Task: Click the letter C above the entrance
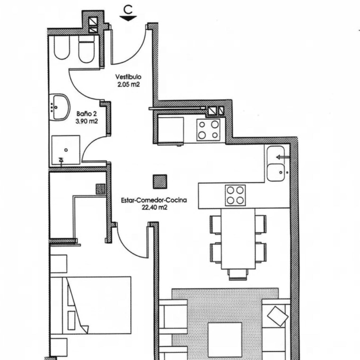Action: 128,10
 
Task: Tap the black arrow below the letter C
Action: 128,18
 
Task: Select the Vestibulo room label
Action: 128,77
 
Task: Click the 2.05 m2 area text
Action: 129,84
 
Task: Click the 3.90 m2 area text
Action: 87,121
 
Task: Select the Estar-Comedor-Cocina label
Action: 154,200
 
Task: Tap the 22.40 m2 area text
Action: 154,208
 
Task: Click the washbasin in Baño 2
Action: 60,107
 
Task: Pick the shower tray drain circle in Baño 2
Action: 66,150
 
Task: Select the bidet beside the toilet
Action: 62,48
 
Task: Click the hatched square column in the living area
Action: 160,181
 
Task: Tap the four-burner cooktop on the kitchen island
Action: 235,195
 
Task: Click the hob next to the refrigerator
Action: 209,130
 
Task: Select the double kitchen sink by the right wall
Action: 276,164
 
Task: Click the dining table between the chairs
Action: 238,239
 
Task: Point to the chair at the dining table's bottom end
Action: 239,275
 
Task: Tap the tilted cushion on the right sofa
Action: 278,316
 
